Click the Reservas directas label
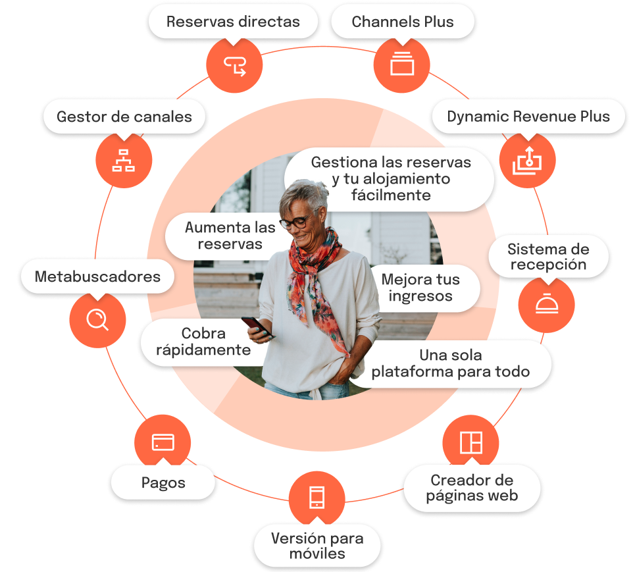(233, 22)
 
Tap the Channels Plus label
(403, 22)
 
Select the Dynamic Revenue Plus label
(528, 117)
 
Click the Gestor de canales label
(124, 117)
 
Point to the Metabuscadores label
(97, 276)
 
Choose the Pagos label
(163, 482)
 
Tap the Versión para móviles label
(317, 546)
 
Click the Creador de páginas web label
(472, 488)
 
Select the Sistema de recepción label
(547, 257)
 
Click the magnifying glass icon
(97, 319)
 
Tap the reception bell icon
(546, 305)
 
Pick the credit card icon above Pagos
(163, 442)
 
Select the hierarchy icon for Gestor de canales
(124, 160)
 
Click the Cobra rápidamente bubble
(203, 341)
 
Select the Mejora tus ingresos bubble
(420, 288)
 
